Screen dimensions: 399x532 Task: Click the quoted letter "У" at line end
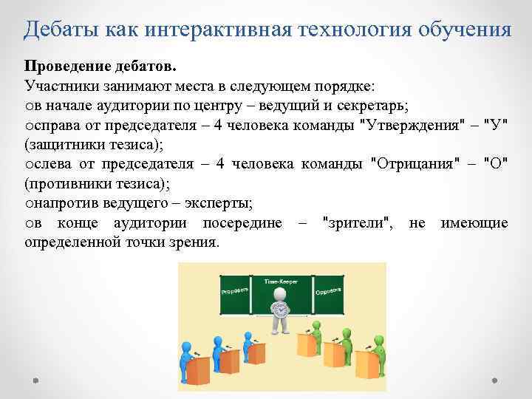[496, 123]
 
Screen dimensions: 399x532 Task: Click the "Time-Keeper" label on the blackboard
[280, 282]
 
